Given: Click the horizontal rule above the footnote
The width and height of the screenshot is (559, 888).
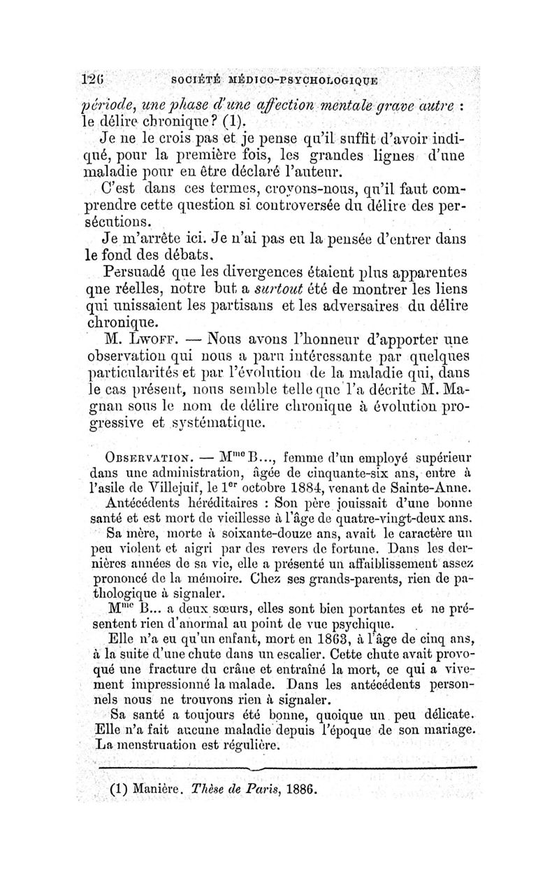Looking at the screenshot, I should [x=286, y=768].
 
